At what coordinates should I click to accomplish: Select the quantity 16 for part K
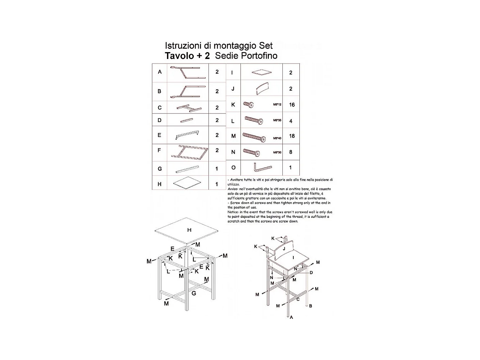click(x=292, y=105)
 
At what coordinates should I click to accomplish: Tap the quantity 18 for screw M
click(x=292, y=136)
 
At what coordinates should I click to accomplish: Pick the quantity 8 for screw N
click(x=291, y=152)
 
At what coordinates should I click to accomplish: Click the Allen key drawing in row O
click(x=262, y=167)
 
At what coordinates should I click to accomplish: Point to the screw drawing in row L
click(x=254, y=120)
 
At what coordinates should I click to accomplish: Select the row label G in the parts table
click(x=159, y=169)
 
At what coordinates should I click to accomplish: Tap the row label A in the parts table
click(x=159, y=72)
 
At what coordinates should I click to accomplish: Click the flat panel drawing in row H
click(x=187, y=183)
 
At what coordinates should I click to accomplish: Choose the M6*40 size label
click(x=277, y=138)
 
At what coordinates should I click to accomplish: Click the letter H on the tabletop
click(x=189, y=230)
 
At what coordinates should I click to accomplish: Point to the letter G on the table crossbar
click(x=194, y=293)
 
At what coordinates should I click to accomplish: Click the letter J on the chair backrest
click(x=284, y=249)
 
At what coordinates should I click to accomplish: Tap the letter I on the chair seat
click(x=293, y=258)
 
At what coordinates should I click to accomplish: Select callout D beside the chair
click(x=311, y=273)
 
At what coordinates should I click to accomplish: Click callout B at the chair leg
click(x=310, y=306)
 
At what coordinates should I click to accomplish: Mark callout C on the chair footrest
click(x=298, y=299)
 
